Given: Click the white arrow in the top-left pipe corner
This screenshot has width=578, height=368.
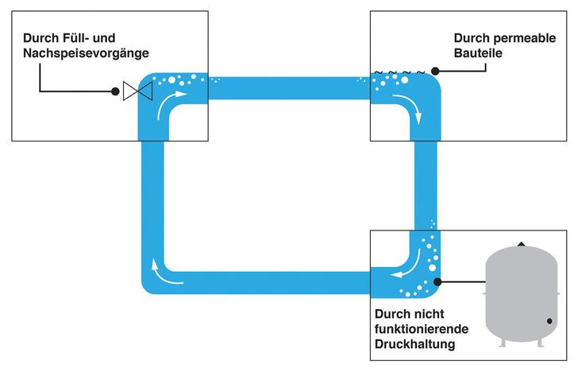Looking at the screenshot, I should [171, 103].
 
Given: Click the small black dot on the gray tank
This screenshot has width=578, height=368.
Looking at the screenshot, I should [549, 321].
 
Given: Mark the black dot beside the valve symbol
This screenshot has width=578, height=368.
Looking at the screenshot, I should [115, 92].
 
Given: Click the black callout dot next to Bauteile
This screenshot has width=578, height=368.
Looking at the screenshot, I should [435, 71].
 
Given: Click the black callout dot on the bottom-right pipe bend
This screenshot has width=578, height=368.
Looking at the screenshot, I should [437, 281].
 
